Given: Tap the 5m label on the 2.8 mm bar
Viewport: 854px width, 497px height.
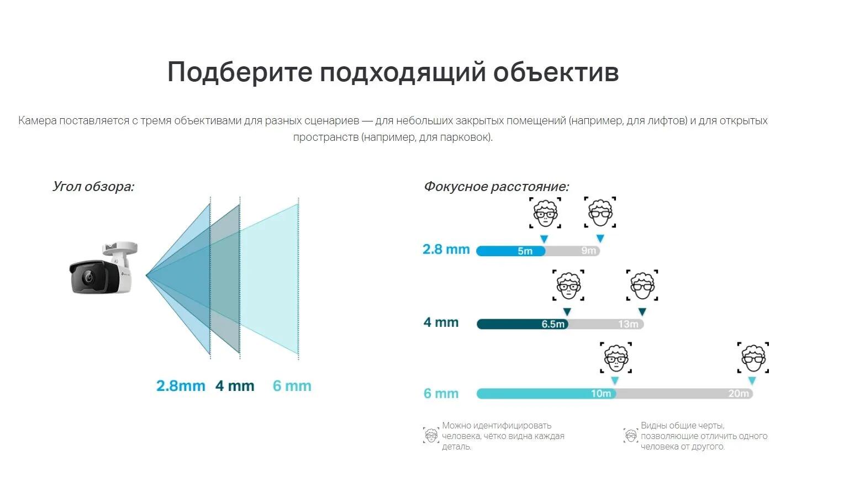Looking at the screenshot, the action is pyautogui.click(x=525, y=251).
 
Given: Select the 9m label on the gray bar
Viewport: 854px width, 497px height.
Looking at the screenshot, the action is pyautogui.click(x=589, y=251).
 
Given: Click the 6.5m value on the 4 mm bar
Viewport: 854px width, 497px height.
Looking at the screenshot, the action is pyautogui.click(x=553, y=324).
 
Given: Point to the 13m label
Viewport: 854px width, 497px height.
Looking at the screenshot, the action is pyautogui.click(x=628, y=324).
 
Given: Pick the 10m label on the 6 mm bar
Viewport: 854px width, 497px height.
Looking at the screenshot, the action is pyautogui.click(x=601, y=393).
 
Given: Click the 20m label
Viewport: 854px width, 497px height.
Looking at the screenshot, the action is pyautogui.click(x=739, y=393).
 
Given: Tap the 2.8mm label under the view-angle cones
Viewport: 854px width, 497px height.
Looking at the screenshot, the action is pyautogui.click(x=181, y=385).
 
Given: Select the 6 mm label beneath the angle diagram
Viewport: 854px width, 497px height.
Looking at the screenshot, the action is pyautogui.click(x=292, y=385).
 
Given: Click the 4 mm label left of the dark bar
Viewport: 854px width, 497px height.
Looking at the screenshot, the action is pyautogui.click(x=441, y=322).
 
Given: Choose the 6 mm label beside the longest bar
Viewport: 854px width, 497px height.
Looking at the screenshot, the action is pyautogui.click(x=441, y=393).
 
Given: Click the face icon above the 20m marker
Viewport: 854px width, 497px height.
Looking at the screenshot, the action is pyautogui.click(x=753, y=357).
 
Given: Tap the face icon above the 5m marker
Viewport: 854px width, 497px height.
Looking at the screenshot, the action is pyautogui.click(x=545, y=213).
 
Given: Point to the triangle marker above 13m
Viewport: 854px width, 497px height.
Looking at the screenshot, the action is pyautogui.click(x=642, y=312).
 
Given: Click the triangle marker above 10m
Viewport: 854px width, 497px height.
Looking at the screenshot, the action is pyautogui.click(x=615, y=380).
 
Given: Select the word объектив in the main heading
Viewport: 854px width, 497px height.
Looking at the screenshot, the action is pyautogui.click(x=556, y=72).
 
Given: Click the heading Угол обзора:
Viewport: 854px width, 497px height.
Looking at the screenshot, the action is pyautogui.click(x=93, y=187).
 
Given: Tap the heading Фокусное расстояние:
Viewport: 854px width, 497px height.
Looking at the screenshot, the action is pyautogui.click(x=497, y=187).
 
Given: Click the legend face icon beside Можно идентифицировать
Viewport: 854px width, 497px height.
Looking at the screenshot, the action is pyautogui.click(x=431, y=435).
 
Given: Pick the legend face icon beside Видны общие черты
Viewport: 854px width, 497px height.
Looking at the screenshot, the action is pyautogui.click(x=631, y=435).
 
